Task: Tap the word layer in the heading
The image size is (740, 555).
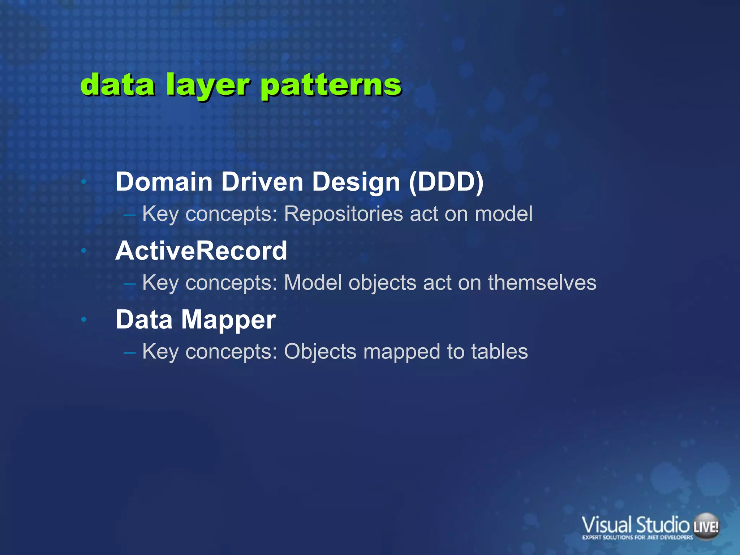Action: tap(207, 86)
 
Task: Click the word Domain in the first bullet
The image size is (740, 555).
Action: tap(164, 181)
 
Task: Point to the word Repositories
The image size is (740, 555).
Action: tap(343, 214)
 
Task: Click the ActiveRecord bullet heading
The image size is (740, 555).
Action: tap(201, 250)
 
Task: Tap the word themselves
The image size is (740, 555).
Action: tap(542, 282)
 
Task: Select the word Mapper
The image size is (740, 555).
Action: tap(228, 320)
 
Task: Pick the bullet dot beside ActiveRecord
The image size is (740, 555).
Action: tap(84, 250)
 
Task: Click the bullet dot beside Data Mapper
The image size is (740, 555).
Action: tap(84, 319)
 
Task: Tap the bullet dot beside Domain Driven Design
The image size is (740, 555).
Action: tap(84, 181)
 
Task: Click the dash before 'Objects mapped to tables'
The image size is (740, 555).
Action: tap(129, 352)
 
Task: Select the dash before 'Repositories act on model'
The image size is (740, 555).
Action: tap(129, 215)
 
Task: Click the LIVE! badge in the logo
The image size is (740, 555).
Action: tap(706, 526)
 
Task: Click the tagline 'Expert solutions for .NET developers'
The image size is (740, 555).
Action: tap(637, 538)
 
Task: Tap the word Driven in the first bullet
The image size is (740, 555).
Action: tap(262, 181)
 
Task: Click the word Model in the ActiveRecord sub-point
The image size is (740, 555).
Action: tap(313, 282)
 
